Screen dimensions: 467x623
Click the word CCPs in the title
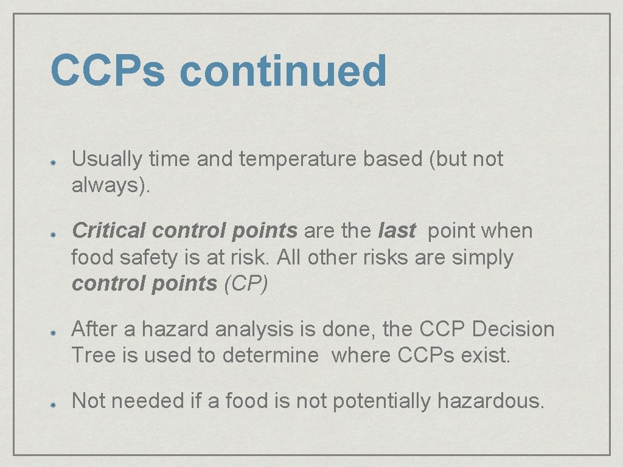107,71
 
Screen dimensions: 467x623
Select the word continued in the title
283,71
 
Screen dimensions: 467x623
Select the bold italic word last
397,231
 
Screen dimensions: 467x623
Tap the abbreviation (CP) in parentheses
246,284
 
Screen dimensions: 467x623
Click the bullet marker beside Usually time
54,164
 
